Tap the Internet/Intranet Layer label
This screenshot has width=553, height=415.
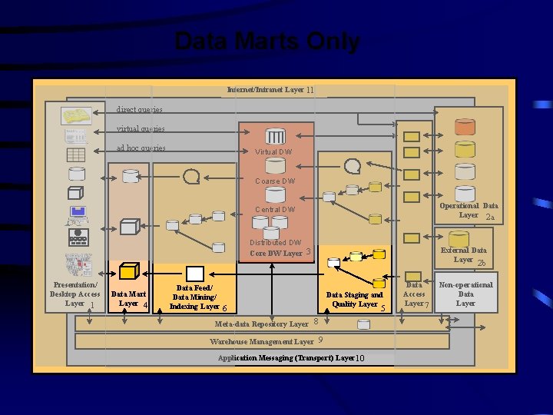click(x=266, y=90)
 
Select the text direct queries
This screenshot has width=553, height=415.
click(x=139, y=111)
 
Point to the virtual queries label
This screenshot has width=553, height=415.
click(x=141, y=129)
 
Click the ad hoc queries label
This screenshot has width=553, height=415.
click(x=141, y=148)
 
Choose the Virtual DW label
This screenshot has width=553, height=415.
click(x=273, y=152)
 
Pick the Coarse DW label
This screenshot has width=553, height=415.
click(x=275, y=181)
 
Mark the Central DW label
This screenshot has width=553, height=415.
click(x=275, y=210)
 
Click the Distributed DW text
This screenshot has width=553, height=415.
click(x=275, y=243)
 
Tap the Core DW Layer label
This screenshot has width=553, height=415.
click(x=276, y=253)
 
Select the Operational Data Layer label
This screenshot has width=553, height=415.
click(x=468, y=211)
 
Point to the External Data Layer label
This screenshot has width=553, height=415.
click(x=463, y=255)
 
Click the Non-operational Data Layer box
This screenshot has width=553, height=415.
click(x=465, y=294)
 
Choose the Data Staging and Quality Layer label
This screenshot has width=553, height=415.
click(x=354, y=300)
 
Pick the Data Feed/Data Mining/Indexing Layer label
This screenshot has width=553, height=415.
click(x=194, y=297)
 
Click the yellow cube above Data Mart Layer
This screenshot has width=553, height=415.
click(x=129, y=271)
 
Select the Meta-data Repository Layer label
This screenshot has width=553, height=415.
click(x=262, y=324)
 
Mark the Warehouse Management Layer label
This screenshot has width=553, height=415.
click(x=262, y=341)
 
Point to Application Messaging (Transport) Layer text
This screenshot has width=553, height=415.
click(x=286, y=358)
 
